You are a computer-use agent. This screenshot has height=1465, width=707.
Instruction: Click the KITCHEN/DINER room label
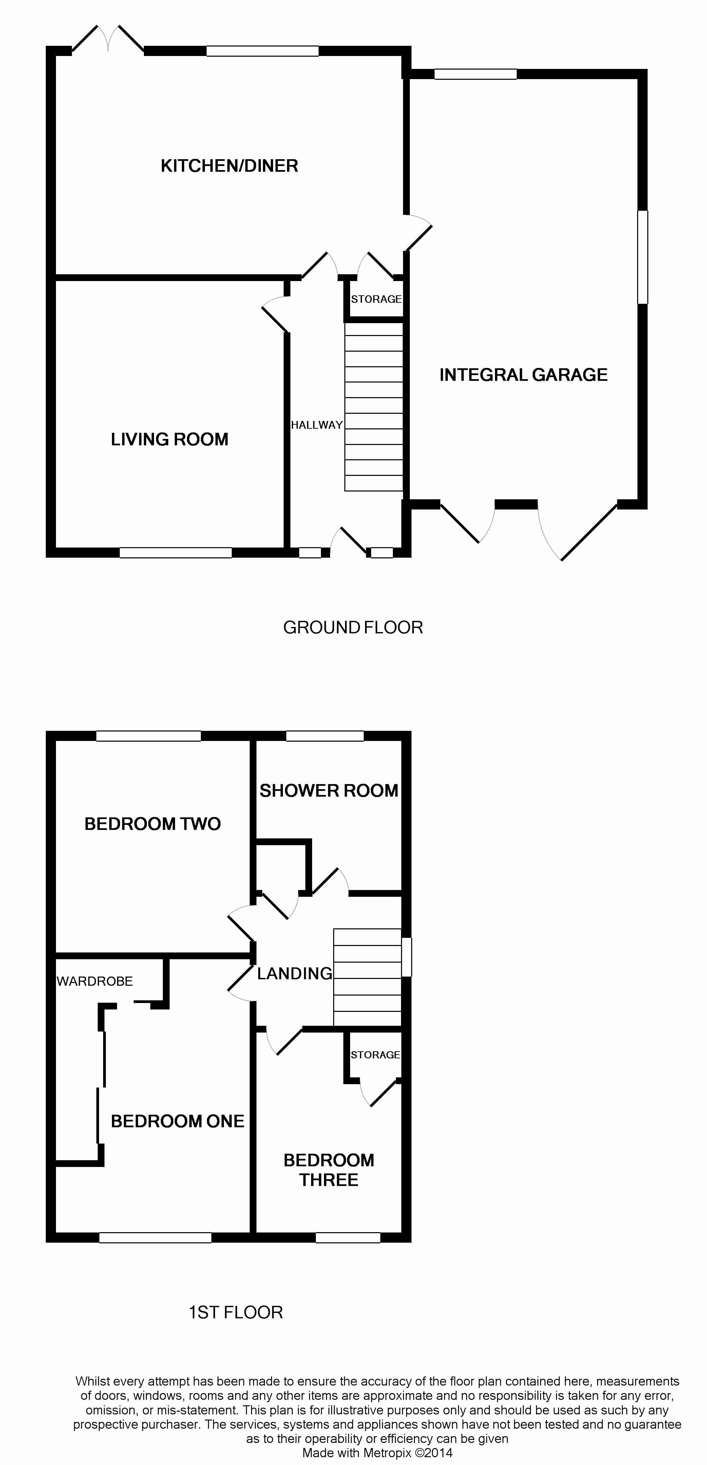230,166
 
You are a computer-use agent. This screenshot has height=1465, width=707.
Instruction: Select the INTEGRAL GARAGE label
523,375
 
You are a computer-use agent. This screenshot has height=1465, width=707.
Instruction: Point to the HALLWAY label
317,425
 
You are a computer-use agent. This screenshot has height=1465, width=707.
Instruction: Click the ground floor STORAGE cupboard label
376,299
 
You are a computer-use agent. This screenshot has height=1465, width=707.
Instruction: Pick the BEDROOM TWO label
152,823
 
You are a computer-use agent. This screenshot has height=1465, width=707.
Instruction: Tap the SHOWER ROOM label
329,791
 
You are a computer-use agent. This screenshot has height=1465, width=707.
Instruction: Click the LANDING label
294,973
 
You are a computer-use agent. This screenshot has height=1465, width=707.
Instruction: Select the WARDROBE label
95,981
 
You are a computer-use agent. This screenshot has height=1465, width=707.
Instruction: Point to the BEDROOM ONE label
177,1121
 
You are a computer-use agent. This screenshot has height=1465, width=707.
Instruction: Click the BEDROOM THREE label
329,1170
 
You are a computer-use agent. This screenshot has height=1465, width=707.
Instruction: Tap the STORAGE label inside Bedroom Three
375,1055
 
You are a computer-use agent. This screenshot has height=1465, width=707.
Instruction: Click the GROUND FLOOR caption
353,627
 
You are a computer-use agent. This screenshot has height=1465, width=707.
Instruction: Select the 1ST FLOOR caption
236,1312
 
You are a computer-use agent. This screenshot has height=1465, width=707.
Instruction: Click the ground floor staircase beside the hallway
374,407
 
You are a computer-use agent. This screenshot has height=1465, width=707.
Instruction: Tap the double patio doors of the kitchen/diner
108,39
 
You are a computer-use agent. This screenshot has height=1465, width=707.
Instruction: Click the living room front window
176,552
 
